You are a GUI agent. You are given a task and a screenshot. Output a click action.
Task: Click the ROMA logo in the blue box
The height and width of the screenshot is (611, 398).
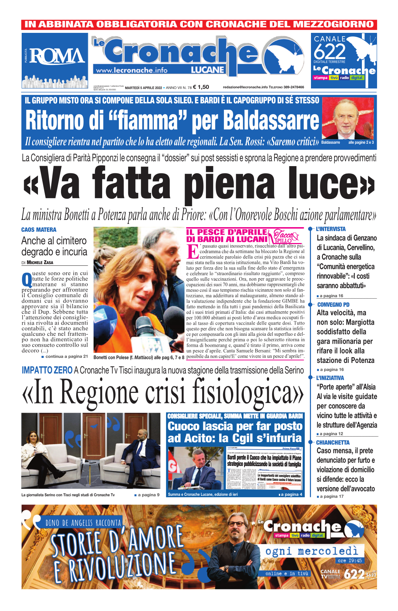click(x=57, y=56)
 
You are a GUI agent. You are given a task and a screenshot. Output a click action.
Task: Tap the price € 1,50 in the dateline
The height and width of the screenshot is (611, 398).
click(x=201, y=87)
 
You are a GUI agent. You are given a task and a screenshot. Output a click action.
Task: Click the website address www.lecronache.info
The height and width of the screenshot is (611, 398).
click(x=131, y=70)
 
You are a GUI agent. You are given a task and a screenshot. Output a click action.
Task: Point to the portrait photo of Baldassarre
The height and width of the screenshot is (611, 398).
click(x=347, y=118)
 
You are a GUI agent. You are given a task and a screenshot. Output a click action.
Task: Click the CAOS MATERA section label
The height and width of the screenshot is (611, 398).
click(x=39, y=230)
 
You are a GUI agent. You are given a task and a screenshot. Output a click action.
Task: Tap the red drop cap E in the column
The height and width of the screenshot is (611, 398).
click(x=192, y=251)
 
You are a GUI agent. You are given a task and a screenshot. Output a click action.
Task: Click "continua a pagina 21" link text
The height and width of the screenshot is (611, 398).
click(x=66, y=356)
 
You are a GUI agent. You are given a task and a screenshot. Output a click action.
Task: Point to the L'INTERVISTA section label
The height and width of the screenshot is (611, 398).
click(x=330, y=229)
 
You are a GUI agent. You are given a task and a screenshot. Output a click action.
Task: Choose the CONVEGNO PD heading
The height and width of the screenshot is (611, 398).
click(x=333, y=304)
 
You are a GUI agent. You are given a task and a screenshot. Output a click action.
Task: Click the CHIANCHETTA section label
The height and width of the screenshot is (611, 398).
click(x=333, y=442)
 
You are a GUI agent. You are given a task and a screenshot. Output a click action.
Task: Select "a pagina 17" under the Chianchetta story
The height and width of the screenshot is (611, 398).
click(x=332, y=497)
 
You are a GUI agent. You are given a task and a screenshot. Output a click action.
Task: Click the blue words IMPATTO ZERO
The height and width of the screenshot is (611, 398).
click(x=47, y=370)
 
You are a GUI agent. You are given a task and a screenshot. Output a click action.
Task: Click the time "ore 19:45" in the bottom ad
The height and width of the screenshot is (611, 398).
click(x=350, y=560)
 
